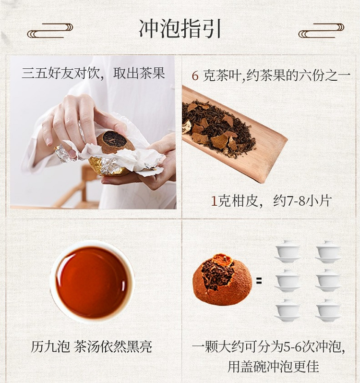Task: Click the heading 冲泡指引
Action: click(180, 28)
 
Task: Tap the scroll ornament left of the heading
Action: click(50, 31)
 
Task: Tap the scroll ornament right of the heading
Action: click(321, 31)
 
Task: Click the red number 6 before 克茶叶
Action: click(195, 76)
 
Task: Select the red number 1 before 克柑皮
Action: click(214, 201)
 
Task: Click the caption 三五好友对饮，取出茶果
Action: click(93, 73)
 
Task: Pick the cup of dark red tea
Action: click(93, 282)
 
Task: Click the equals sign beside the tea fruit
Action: click(259, 281)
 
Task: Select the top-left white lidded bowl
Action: click(288, 251)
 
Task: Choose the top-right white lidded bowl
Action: click(328, 251)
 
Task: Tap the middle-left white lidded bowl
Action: click(288, 281)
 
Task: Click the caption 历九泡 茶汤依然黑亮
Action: click(91, 346)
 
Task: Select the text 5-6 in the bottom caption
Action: click(293, 346)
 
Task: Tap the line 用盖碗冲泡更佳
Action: click(273, 366)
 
